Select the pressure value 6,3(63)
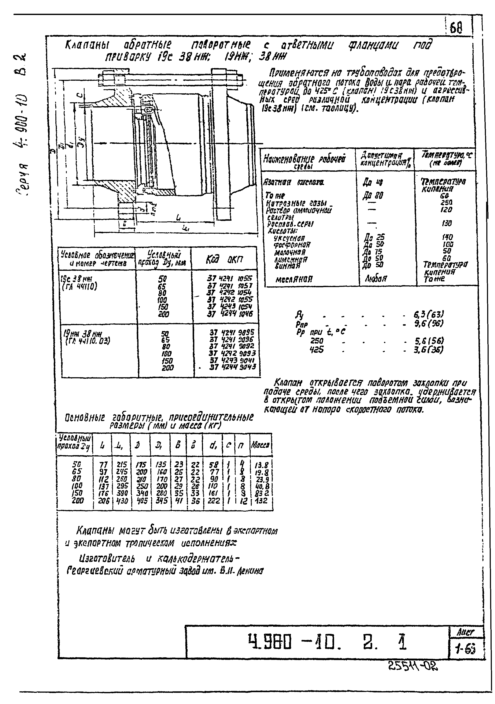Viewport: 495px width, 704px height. tap(429, 314)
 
